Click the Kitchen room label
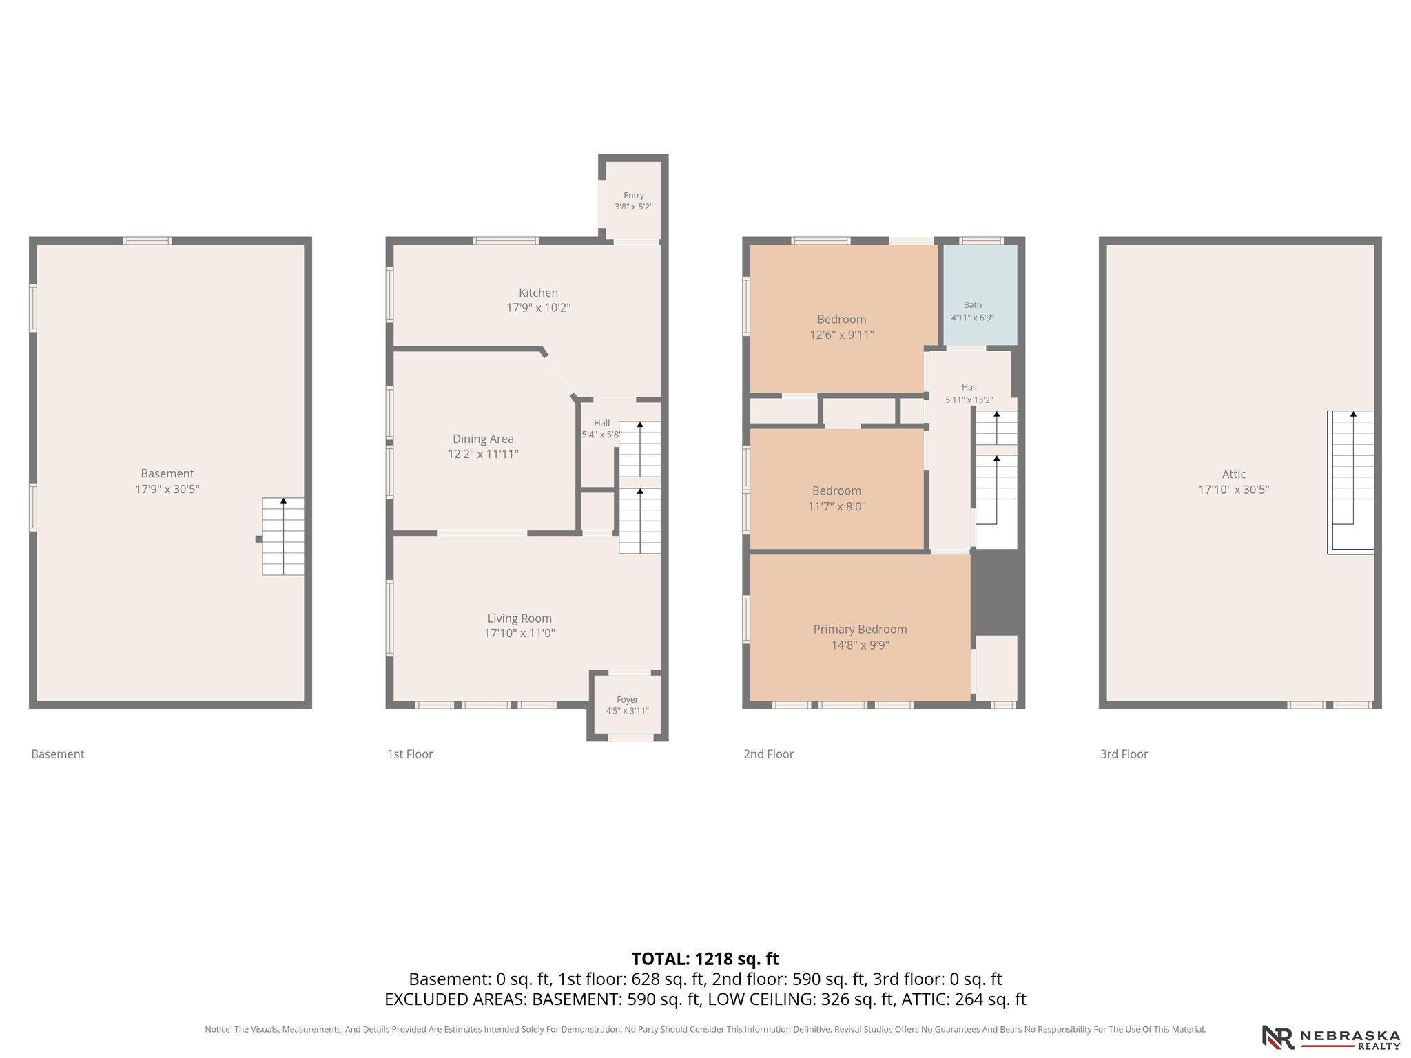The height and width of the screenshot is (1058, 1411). [x=538, y=293]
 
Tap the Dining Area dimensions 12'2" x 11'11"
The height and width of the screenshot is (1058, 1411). [x=483, y=454]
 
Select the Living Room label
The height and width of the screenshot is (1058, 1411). [x=519, y=619]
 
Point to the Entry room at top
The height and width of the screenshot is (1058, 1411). [x=633, y=200]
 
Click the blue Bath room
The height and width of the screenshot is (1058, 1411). [x=980, y=295]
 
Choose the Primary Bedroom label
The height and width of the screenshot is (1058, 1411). [x=860, y=630]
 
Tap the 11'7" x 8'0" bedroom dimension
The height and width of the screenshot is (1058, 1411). [x=837, y=507]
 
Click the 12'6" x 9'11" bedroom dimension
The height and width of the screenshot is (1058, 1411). [x=842, y=335]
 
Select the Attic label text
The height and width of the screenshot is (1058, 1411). [x=1234, y=474]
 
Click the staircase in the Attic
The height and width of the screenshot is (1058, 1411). [x=1351, y=482]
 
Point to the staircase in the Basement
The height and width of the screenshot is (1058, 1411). [x=282, y=537]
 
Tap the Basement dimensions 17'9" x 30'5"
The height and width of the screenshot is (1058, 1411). [x=167, y=490]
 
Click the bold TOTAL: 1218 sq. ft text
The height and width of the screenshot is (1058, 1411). [x=705, y=959]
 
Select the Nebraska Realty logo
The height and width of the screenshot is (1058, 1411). [x=1330, y=1037]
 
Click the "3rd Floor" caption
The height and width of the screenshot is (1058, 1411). [x=1124, y=754]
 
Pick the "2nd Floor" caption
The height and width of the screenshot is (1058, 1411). [x=768, y=754]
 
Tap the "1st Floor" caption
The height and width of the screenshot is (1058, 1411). [x=410, y=754]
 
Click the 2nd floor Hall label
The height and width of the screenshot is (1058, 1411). [x=969, y=387]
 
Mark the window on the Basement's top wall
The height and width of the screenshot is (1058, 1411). [x=147, y=240]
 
